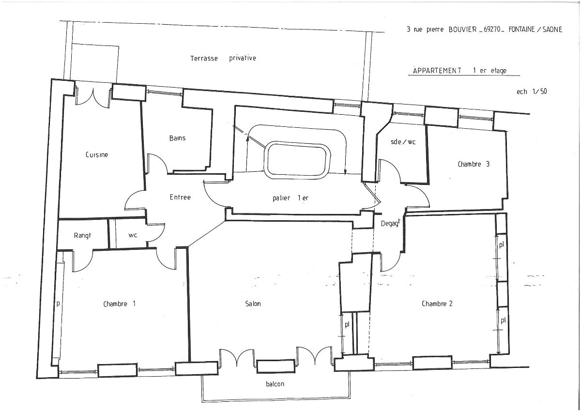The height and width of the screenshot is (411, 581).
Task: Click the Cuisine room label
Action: click(97, 155)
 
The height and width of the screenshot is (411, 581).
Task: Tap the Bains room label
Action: click(177, 138)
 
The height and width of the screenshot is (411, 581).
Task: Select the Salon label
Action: click(253, 304)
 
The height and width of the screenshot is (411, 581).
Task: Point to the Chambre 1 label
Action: click(119, 304)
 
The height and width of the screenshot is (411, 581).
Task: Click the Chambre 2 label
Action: click(437, 304)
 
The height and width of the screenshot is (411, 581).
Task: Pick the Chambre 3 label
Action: click(474, 164)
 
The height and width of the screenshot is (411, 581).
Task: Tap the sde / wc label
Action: click(403, 142)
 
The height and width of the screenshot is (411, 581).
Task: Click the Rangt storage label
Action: click(82, 235)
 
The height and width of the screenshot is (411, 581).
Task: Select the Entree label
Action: click(180, 198)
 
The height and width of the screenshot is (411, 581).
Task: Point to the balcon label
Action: click(275, 384)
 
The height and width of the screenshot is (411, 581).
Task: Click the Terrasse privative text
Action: click(223, 58)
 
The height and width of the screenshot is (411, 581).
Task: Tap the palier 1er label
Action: click(290, 198)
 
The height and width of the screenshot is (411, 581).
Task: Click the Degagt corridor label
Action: click(390, 223)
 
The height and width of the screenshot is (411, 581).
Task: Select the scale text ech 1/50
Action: click(532, 91)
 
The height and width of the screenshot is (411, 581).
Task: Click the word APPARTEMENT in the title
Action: click(437, 71)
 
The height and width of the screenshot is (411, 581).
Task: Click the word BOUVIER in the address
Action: click(463, 30)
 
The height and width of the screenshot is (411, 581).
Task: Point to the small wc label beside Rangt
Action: click(133, 235)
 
